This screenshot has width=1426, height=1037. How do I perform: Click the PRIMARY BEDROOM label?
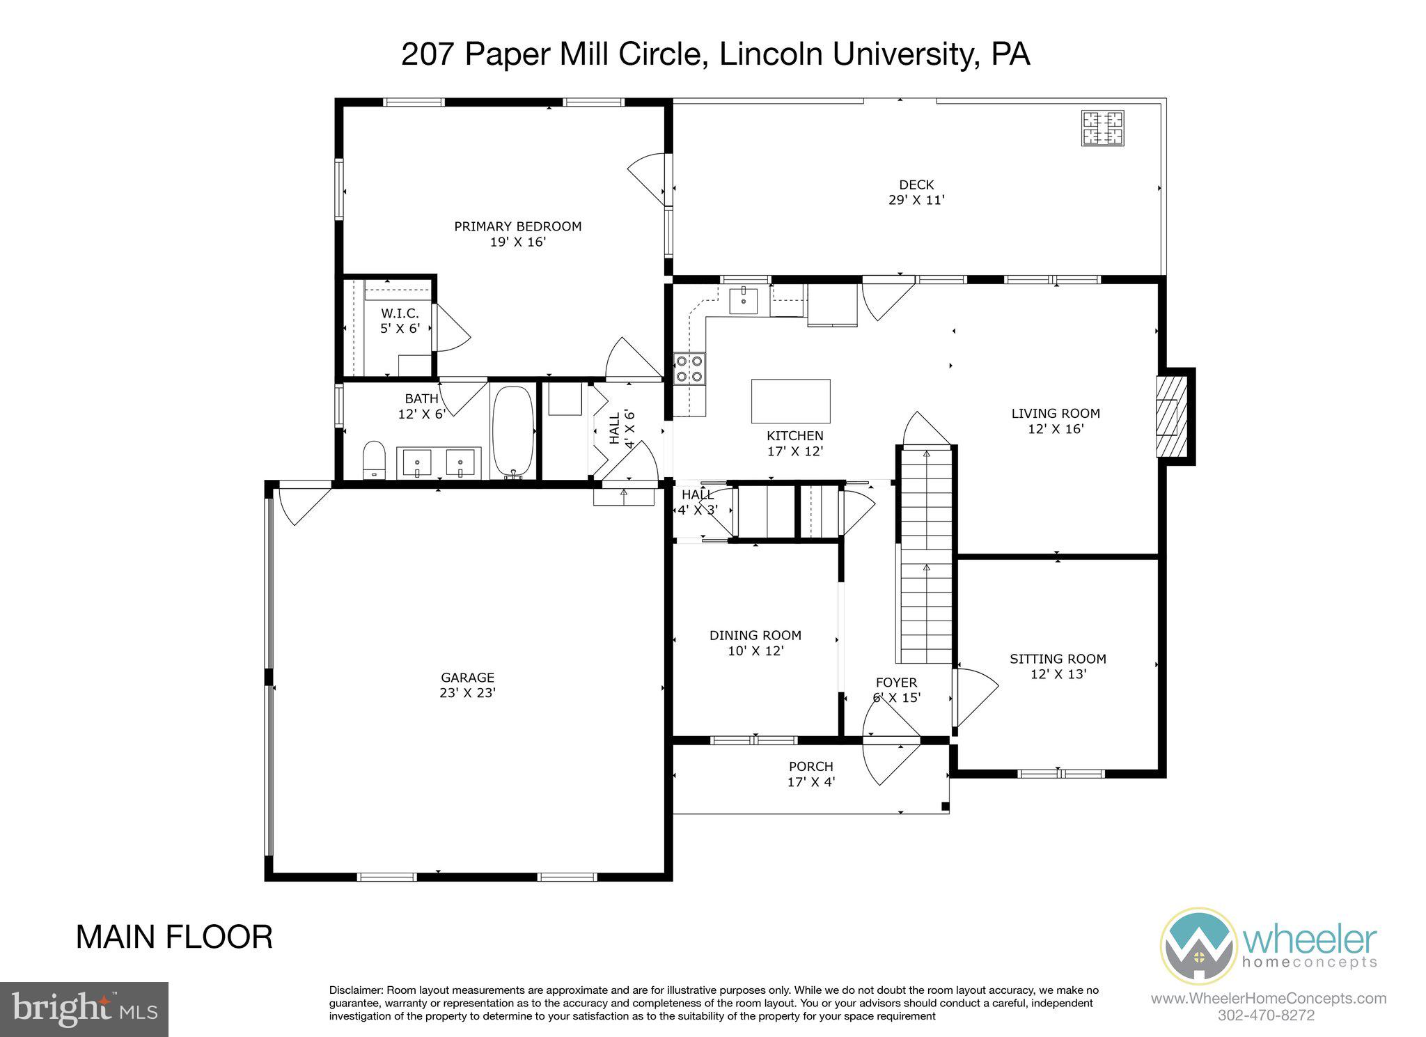[x=517, y=226]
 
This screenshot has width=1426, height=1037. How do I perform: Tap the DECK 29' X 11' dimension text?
[x=916, y=200]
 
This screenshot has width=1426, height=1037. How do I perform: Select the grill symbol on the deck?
[x=1102, y=128]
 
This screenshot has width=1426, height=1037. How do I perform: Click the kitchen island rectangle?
[x=790, y=401]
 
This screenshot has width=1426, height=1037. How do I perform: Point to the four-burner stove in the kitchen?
[x=689, y=368]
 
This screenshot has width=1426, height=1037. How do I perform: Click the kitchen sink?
[x=743, y=301]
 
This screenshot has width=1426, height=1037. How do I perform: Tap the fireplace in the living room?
[x=1170, y=416]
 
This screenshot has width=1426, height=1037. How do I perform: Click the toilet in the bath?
[x=374, y=460]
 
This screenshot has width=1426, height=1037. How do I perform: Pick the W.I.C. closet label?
[x=400, y=313]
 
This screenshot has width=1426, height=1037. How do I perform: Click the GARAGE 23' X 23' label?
[x=467, y=677]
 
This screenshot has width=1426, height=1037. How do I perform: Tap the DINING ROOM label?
[x=755, y=635]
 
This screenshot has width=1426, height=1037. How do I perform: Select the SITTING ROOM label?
[x=1058, y=659]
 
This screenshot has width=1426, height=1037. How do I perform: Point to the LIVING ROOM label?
[x=1055, y=413]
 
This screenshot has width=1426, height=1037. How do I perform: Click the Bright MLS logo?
[x=84, y=1009]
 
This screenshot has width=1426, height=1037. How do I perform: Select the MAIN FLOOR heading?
[x=174, y=937]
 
